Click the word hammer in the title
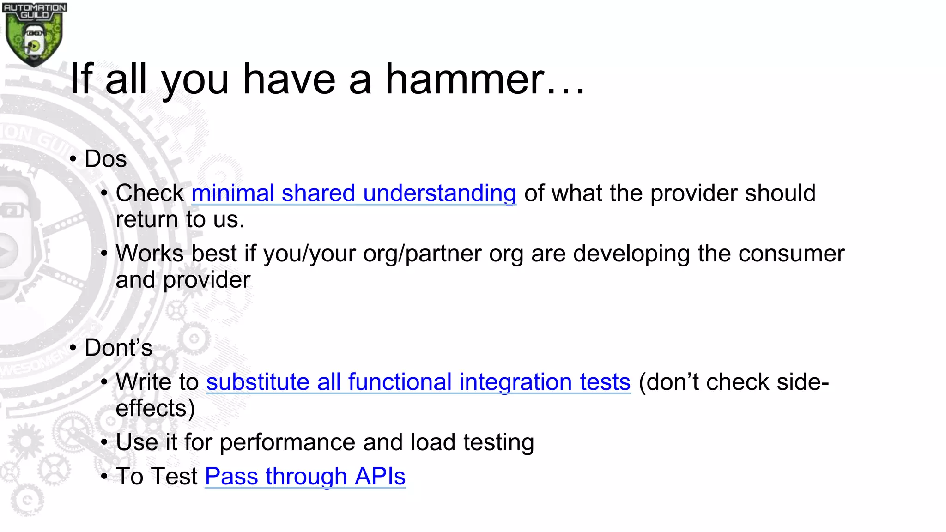pyautogui.click(x=465, y=79)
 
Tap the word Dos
pyautogui.click(x=105, y=159)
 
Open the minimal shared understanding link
pyautogui.click(x=353, y=193)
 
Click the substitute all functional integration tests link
pyautogui.click(x=418, y=382)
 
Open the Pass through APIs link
pyautogui.click(x=305, y=477)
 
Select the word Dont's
pyautogui.click(x=118, y=348)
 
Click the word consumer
pyautogui.click(x=791, y=254)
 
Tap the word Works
pyautogui.click(x=150, y=254)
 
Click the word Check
pyautogui.click(x=150, y=193)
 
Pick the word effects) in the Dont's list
pyautogui.click(x=155, y=409)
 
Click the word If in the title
pyautogui.click(x=81, y=79)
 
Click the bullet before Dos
pyautogui.click(x=73, y=159)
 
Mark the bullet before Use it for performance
pyautogui.click(x=104, y=442)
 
